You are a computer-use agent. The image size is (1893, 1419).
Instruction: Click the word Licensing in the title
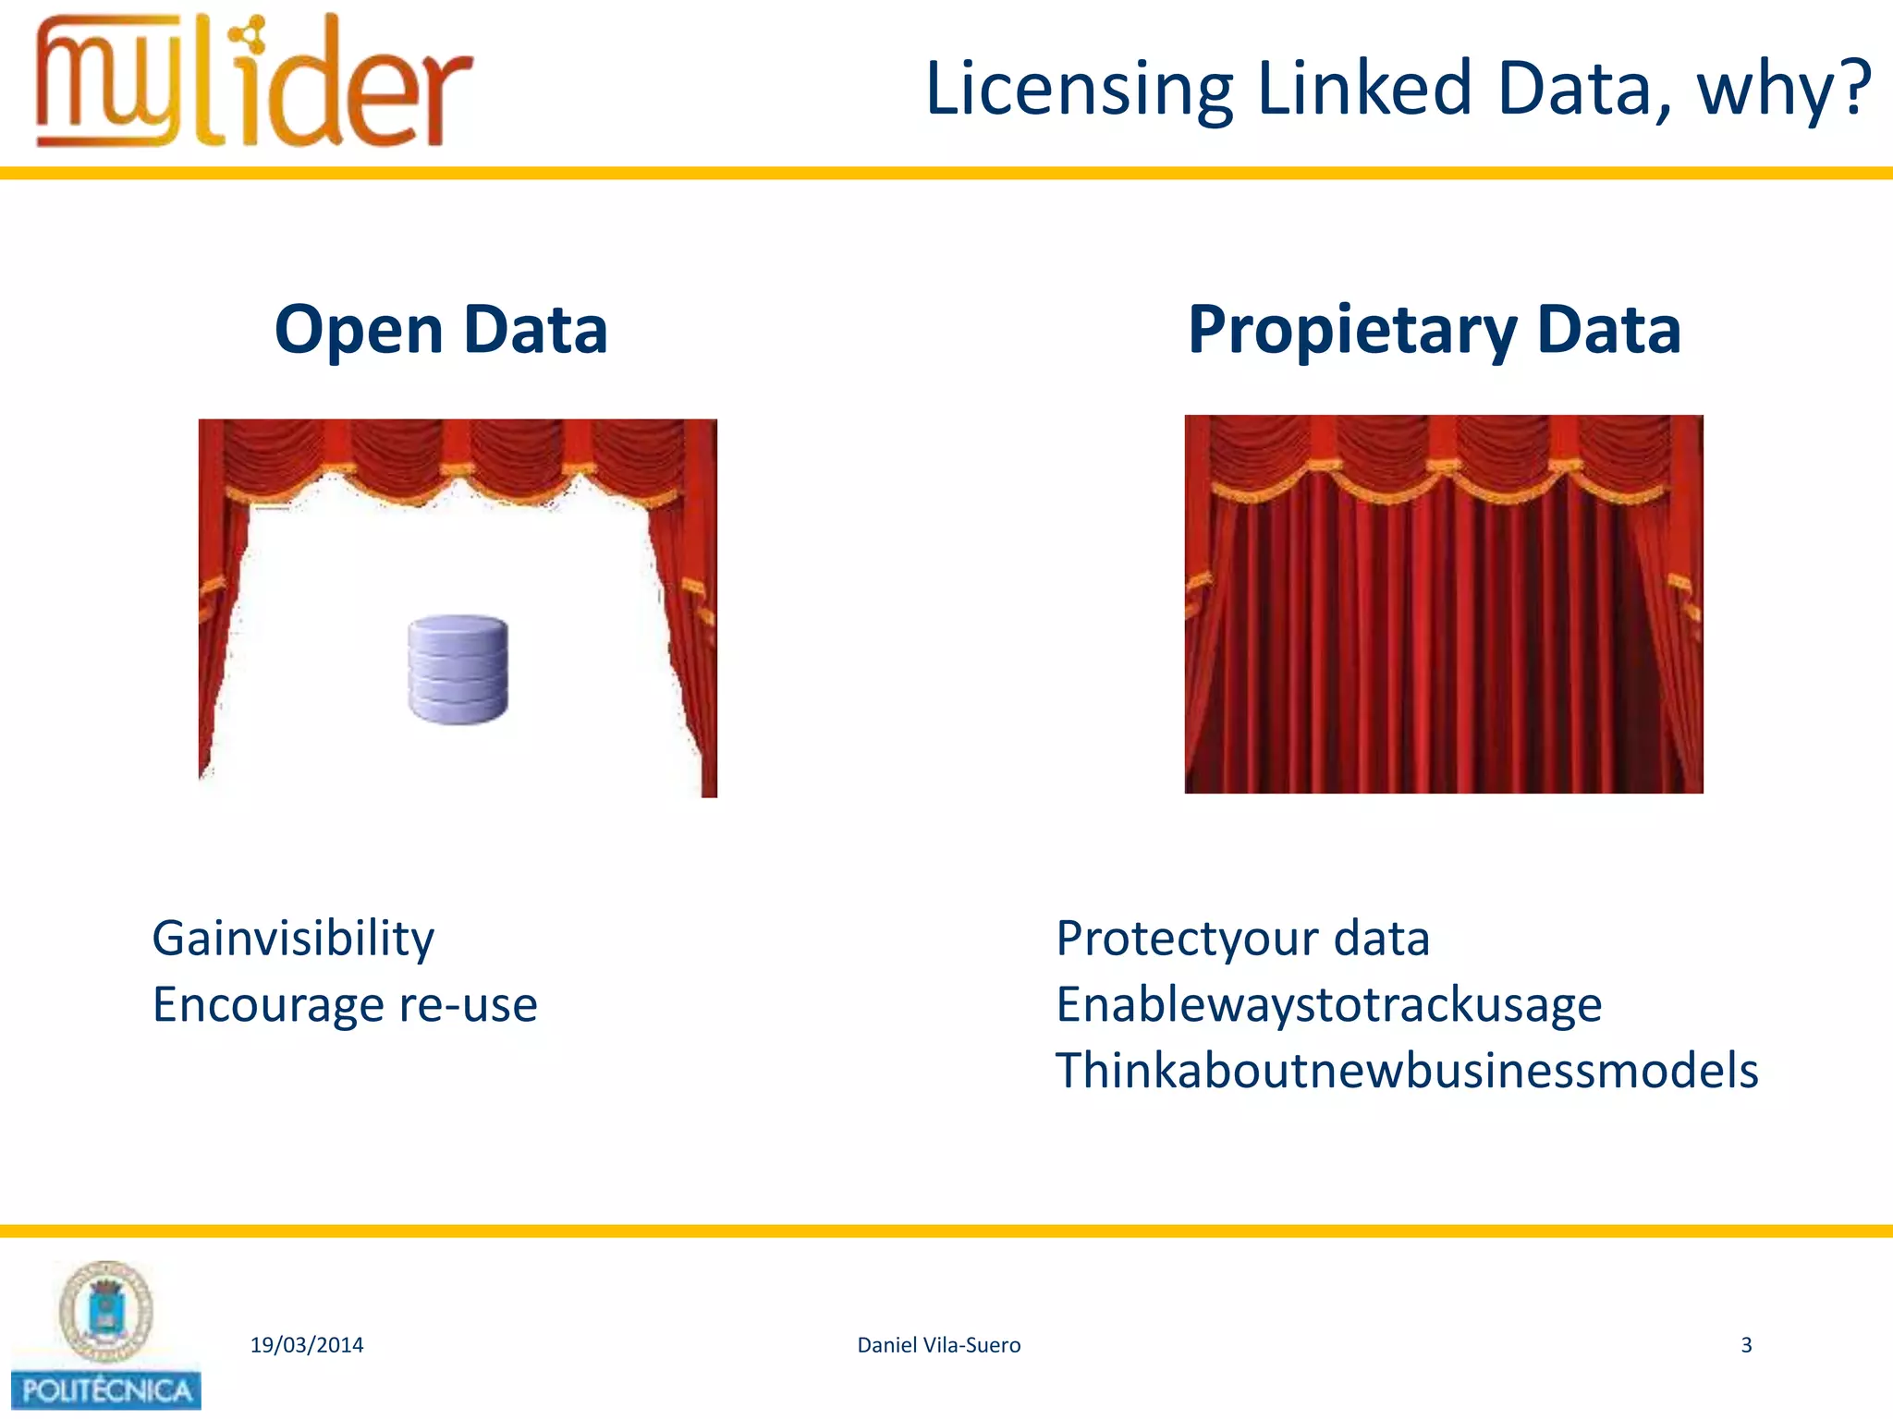[1079, 90]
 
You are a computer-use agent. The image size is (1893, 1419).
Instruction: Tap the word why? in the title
[1783, 90]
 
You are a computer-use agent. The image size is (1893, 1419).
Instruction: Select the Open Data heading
[441, 330]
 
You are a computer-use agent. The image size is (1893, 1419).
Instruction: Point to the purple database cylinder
[458, 669]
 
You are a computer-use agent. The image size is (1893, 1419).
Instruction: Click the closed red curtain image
[1443, 604]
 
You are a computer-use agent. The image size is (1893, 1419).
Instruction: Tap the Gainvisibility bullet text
[293, 939]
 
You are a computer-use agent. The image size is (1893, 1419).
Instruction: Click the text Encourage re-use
[345, 1005]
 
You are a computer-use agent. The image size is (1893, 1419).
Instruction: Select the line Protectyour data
[1242, 939]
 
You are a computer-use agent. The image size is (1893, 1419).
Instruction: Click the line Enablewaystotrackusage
[1328, 1005]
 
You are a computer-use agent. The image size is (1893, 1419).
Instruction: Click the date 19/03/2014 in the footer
[307, 1345]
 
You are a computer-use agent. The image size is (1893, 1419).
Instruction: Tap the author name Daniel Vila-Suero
[938, 1345]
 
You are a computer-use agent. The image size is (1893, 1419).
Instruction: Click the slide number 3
[1746, 1345]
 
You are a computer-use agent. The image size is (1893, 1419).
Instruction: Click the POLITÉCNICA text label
[106, 1390]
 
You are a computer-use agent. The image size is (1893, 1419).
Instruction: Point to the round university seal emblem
[106, 1311]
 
